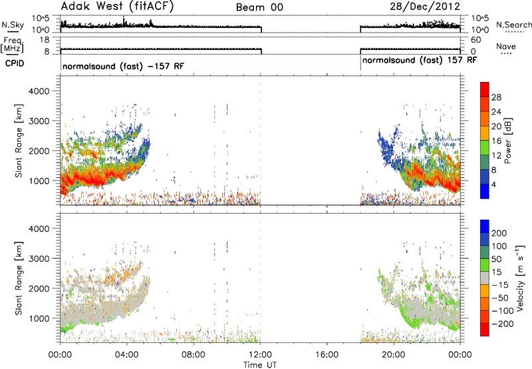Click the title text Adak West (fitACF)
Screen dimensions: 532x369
tap(117, 6)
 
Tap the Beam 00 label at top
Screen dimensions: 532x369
tap(259, 7)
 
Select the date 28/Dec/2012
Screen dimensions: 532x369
tap(425, 7)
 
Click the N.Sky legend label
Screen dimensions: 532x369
tap(13, 25)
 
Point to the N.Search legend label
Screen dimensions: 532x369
tap(513, 25)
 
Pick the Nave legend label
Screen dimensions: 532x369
tap(506, 46)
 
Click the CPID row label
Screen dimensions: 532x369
tap(15, 63)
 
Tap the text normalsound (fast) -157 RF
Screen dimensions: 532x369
tap(123, 66)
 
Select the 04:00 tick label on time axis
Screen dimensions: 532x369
tap(127, 355)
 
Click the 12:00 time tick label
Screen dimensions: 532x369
tap(260, 355)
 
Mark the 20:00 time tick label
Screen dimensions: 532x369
tap(394, 355)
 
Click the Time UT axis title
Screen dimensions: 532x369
tap(260, 365)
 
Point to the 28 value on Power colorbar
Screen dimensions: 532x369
tap(496, 97)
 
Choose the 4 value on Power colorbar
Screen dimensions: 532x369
tap(493, 185)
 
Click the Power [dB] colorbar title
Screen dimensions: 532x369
tap(508, 141)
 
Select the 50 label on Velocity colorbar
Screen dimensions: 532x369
tap(496, 259)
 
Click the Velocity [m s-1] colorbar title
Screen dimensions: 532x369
tap(519, 278)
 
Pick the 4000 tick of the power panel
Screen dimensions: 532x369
tap(39, 91)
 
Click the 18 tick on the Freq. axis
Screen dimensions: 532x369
tap(45, 40)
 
